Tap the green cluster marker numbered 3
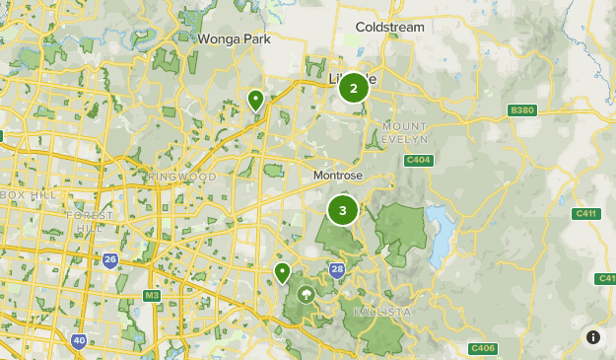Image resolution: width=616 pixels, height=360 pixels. [x=343, y=209]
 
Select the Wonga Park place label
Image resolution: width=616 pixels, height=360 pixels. [x=234, y=38]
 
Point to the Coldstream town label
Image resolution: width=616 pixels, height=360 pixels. [x=389, y=27]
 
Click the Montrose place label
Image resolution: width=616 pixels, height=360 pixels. [x=337, y=175]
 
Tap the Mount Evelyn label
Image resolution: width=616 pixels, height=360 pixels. [x=405, y=134]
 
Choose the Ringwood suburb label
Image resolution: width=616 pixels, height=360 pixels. [x=183, y=177]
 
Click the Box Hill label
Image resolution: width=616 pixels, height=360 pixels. [x=25, y=194]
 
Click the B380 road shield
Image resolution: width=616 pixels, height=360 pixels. [x=521, y=109]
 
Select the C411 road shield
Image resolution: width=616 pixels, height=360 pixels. [x=585, y=213]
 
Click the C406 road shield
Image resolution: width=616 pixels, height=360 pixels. [x=482, y=348]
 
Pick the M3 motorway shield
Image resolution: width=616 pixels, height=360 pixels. [x=152, y=295]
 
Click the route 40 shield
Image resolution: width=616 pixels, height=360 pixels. [x=78, y=341]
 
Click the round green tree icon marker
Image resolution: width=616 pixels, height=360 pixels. [x=306, y=293]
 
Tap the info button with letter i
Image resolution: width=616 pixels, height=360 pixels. [x=593, y=337]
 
